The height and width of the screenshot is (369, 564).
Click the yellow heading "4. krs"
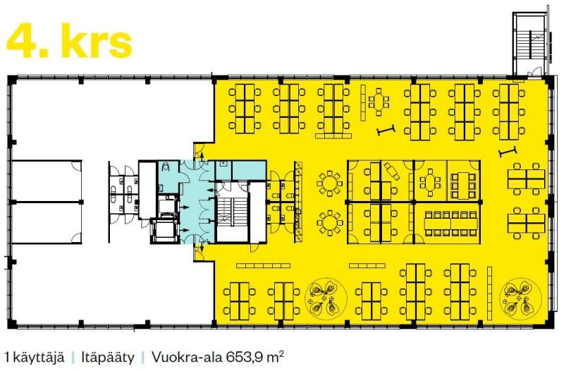pos(69,41)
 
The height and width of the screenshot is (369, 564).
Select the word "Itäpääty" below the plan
pos(108,358)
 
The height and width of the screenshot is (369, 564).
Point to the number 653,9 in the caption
pos(245,358)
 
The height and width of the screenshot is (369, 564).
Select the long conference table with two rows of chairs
pos(450,223)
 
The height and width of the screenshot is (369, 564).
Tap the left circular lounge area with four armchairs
pos(326,298)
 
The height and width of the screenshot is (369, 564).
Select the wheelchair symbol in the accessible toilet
pos(166,167)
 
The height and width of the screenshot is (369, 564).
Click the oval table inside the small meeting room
pos(430,182)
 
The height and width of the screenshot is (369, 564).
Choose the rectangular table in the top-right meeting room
pos(464,186)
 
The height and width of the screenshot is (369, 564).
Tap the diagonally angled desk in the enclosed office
pos(392,171)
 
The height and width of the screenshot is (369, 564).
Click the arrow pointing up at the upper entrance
pos(202,157)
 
